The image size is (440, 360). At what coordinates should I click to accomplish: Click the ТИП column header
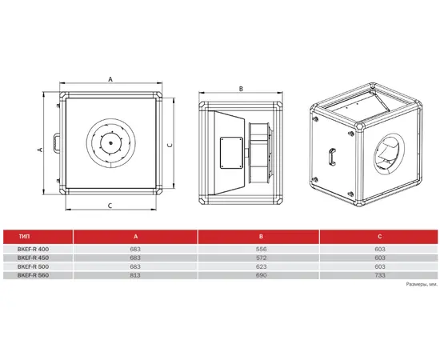click(24, 237)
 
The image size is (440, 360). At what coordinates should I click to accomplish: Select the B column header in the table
click(261, 237)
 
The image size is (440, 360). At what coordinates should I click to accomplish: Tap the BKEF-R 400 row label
click(33, 249)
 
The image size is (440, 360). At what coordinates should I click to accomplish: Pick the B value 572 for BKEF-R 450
click(261, 258)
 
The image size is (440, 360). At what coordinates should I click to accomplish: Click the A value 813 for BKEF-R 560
click(135, 275)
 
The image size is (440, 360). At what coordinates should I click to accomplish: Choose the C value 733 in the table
click(380, 275)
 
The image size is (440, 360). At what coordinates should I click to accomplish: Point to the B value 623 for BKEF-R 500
click(261, 266)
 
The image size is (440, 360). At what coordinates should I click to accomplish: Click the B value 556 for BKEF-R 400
click(261, 249)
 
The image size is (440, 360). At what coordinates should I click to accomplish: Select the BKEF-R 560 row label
click(33, 275)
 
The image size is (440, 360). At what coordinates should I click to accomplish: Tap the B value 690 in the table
click(261, 275)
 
